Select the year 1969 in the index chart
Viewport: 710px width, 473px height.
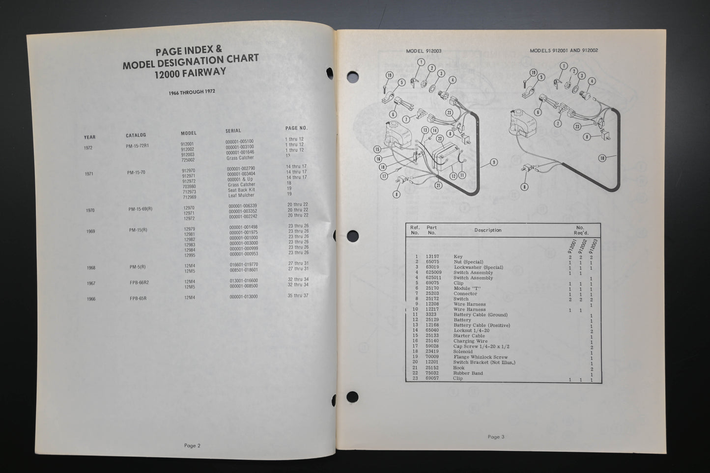coord(90,231)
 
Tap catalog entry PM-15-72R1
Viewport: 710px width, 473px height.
coord(138,146)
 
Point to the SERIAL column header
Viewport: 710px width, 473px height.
coord(233,131)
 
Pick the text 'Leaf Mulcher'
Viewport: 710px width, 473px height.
coord(241,195)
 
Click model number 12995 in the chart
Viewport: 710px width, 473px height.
coord(190,254)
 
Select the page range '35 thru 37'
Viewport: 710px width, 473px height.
coord(298,296)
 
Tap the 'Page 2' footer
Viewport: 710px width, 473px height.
coord(192,446)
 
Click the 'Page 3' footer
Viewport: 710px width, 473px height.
coord(496,437)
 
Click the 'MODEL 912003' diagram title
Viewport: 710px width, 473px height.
coord(424,51)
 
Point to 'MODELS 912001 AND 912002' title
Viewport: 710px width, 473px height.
coord(564,51)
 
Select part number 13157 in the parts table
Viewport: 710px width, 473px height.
coord(432,256)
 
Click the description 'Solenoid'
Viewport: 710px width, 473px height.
coord(463,352)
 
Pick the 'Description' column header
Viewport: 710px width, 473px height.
coord(487,230)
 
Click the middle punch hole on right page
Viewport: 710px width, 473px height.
coord(352,236)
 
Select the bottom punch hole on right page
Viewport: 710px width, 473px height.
coord(352,396)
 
